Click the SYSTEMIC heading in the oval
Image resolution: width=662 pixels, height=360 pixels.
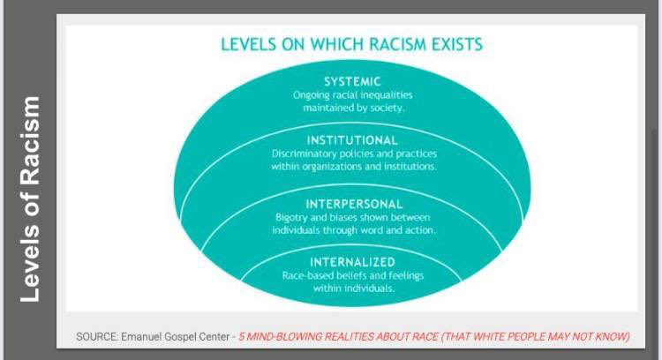pyautogui.click(x=352, y=81)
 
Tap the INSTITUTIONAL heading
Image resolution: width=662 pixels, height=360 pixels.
pyautogui.click(x=352, y=140)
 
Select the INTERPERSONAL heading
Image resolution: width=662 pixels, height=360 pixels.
pyautogui.click(x=354, y=205)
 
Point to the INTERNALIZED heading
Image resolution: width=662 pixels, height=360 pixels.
pyautogui.click(x=352, y=262)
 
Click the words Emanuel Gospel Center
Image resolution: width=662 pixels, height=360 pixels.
pyautogui.click(x=175, y=337)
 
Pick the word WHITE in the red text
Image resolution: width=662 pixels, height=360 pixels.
pyautogui.click(x=489, y=337)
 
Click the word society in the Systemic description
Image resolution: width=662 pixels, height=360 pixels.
pyautogui.click(x=387, y=108)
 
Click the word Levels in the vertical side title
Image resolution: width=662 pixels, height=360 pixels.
pyautogui.click(x=30, y=264)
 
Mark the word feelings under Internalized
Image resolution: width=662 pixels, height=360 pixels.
pyautogui.click(x=406, y=276)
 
